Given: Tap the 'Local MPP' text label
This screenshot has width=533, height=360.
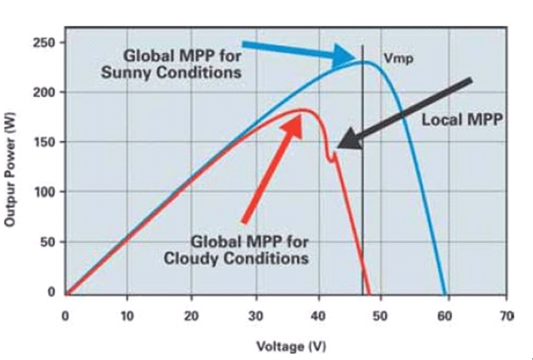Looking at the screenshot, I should pos(461,120).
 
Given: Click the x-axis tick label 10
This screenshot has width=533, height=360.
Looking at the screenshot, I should pos(127,315).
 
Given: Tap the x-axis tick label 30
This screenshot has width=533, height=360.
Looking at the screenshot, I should pos(254,315).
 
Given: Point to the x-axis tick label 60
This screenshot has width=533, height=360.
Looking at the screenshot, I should pos(444,315).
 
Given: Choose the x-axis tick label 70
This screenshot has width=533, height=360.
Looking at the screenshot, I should pos(507,315).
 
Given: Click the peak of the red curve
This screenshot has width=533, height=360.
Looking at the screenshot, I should pos(303,110).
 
